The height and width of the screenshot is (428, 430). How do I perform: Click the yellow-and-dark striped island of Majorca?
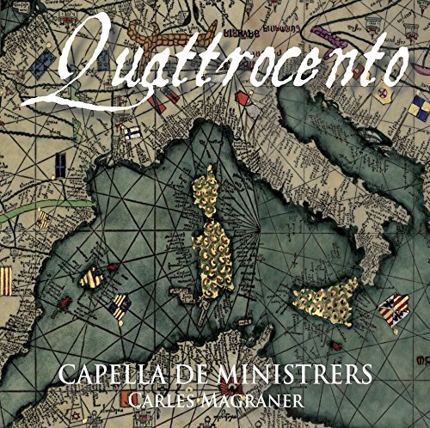point(91,278)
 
